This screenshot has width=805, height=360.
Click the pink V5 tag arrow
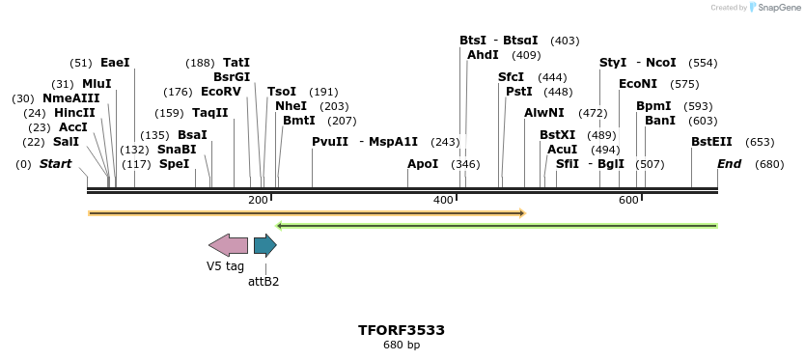228,245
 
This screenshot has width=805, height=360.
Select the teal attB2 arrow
264,245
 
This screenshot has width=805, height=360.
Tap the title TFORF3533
402,330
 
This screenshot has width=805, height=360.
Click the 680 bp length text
402,345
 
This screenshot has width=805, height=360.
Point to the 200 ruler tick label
258,200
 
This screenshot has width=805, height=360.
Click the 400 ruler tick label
443,200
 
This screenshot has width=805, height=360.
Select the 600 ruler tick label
628,200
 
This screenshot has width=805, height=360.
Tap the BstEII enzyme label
711,142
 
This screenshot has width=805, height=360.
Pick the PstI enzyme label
519,92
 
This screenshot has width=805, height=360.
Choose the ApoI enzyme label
423,164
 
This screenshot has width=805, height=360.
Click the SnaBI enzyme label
176,150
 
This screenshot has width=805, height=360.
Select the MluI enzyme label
97,84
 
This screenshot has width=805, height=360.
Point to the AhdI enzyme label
483,55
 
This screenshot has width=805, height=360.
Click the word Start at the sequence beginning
55,164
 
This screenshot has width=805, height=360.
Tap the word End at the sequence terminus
729,164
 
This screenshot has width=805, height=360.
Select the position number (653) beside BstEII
761,142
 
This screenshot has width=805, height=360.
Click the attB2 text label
264,282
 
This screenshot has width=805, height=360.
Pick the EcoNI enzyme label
638,84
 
